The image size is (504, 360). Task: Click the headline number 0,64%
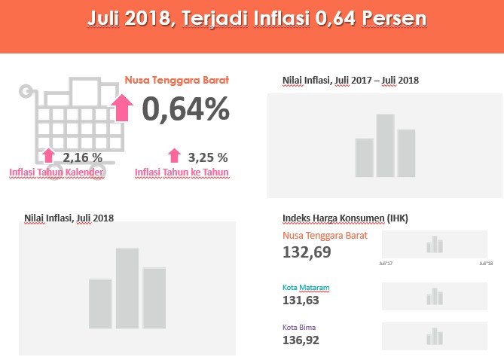point(185,109)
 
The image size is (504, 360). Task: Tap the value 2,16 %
point(83,157)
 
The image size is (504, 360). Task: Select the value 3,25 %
point(208,157)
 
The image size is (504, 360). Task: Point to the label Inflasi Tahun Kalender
point(56,172)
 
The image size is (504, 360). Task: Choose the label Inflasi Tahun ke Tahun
point(182,172)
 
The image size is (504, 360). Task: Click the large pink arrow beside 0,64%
point(121,107)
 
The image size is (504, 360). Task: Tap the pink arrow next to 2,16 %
point(49,156)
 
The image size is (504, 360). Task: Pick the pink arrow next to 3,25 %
point(174,156)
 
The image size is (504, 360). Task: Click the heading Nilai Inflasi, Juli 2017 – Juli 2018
point(350,80)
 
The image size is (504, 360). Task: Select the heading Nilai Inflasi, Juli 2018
point(69,218)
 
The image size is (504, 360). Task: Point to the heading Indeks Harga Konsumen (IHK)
point(345,218)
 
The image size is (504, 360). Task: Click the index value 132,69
point(307,252)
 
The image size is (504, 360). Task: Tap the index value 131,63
point(301,301)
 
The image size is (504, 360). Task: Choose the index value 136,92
point(301,340)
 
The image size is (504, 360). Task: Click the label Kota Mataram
point(306,288)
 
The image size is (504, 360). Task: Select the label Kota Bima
point(299,327)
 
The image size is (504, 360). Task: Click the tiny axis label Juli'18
point(486,263)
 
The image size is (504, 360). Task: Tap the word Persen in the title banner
point(384,18)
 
